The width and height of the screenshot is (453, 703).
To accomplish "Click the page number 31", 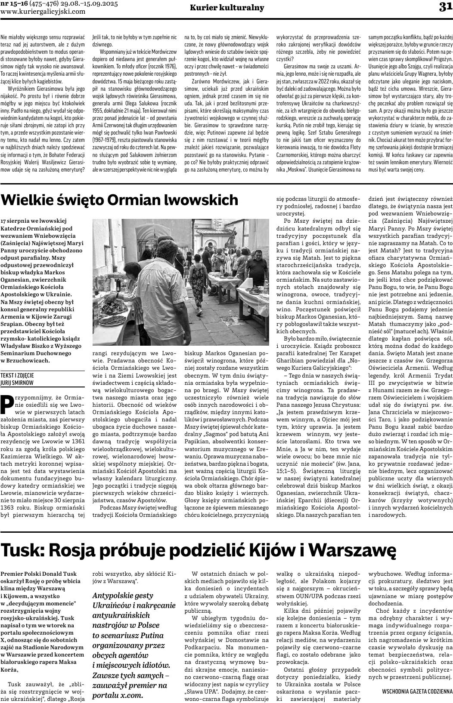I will (x=445, y=7).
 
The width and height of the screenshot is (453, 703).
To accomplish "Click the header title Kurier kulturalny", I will (x=227, y=8).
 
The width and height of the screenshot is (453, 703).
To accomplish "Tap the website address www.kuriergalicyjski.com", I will (x=43, y=12).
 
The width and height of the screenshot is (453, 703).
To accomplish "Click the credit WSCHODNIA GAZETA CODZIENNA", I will (x=417, y=691).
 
